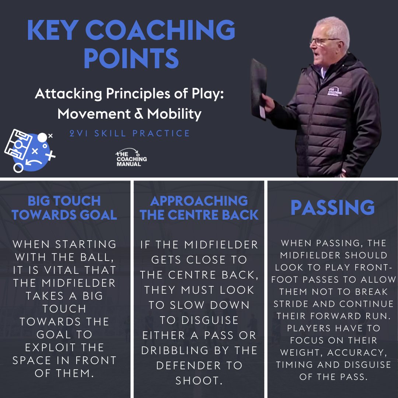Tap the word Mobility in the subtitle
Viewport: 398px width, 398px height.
[x=174, y=114]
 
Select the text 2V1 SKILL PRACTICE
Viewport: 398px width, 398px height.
[x=130, y=133]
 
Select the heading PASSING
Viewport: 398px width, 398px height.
[x=332, y=208]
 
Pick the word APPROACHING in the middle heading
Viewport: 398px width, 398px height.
[x=199, y=201]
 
